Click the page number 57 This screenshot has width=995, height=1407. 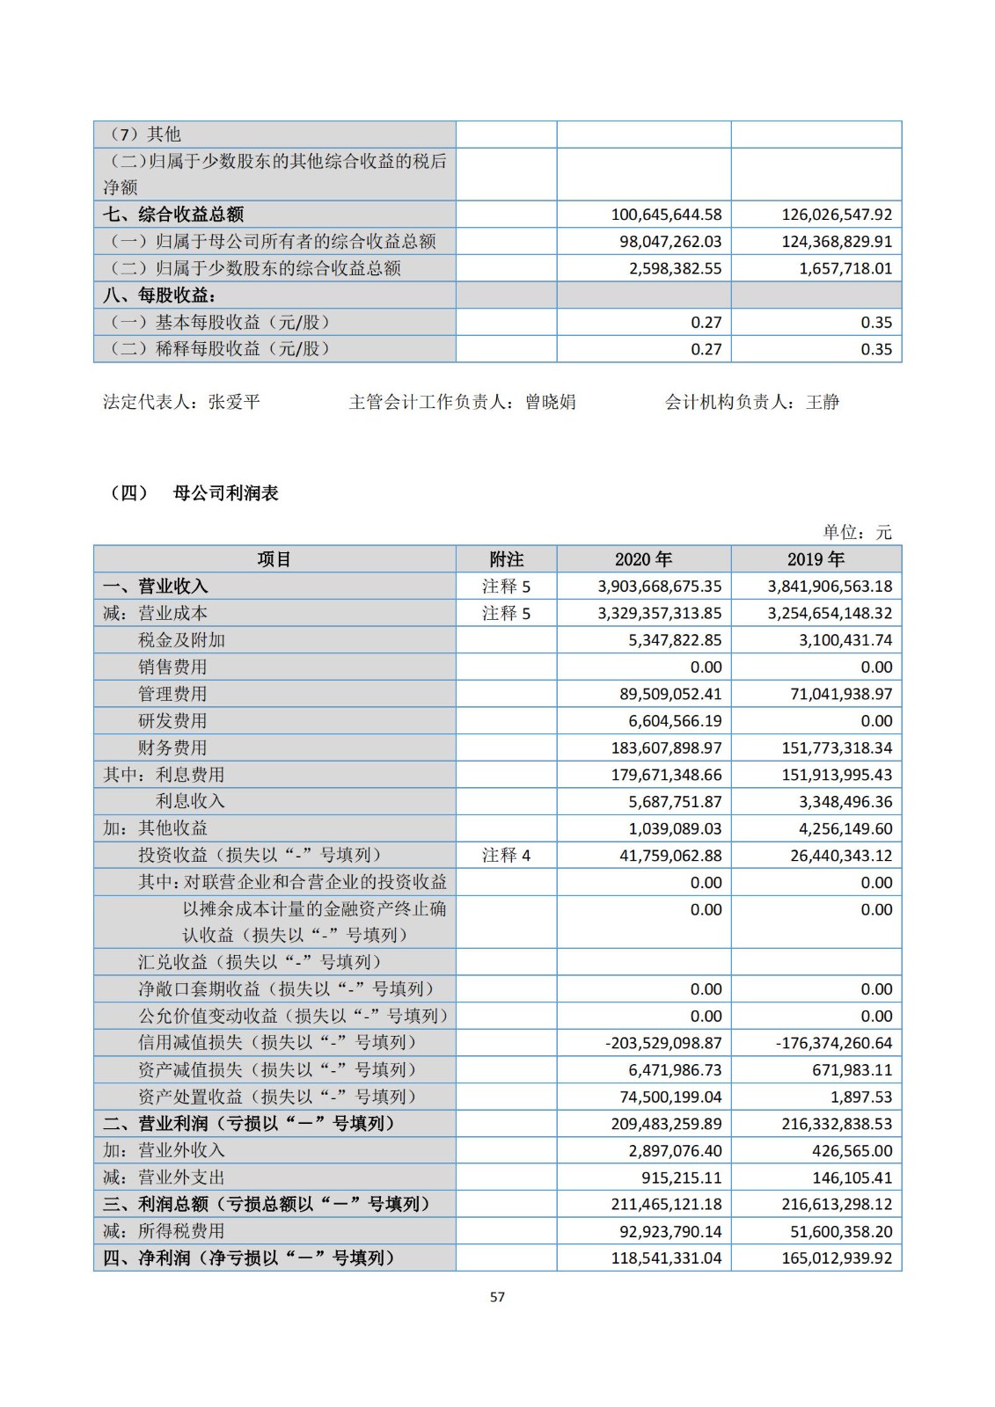tap(497, 1296)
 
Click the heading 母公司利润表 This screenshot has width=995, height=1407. tap(226, 493)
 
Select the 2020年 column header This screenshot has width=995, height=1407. tap(643, 559)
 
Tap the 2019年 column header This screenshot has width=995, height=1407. tap(816, 559)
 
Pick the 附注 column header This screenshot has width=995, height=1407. tap(506, 559)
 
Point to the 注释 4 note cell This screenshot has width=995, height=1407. tap(506, 855)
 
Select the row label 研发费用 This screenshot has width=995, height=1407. tap(172, 721)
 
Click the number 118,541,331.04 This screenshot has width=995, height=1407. tap(666, 1258)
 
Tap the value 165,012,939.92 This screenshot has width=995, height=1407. tap(837, 1258)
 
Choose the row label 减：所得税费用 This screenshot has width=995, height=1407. tap(164, 1231)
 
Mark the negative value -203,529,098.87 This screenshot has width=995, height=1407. tap(663, 1043)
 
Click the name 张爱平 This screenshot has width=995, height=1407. tap(234, 403)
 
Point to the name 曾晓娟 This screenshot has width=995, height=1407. tap(551, 403)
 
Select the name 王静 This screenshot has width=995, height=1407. tap(823, 403)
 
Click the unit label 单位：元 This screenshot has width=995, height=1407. tap(857, 532)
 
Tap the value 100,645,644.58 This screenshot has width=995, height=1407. tap(666, 215)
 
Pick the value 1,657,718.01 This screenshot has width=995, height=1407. tap(845, 268)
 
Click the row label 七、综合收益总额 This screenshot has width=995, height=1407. tap(173, 215)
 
